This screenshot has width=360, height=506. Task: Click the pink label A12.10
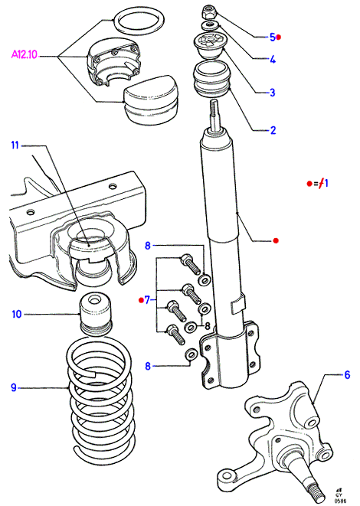click(25, 54)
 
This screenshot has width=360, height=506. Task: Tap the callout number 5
click(273, 37)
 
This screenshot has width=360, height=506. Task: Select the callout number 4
click(273, 60)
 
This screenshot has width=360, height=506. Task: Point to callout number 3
click(273, 93)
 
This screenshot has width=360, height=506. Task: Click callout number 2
click(273, 130)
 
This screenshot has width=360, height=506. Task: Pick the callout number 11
click(15, 145)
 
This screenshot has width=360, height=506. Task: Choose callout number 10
click(16, 314)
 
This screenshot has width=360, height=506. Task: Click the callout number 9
click(14, 387)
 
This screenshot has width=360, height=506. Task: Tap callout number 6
click(347, 374)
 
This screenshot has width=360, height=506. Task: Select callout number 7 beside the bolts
click(147, 300)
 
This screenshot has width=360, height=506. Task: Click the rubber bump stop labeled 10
click(96, 314)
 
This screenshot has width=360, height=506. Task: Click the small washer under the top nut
click(211, 25)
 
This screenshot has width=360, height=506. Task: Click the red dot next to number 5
click(279, 38)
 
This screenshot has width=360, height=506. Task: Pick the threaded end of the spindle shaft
click(316, 490)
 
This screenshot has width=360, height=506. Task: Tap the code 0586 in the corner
click(340, 501)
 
